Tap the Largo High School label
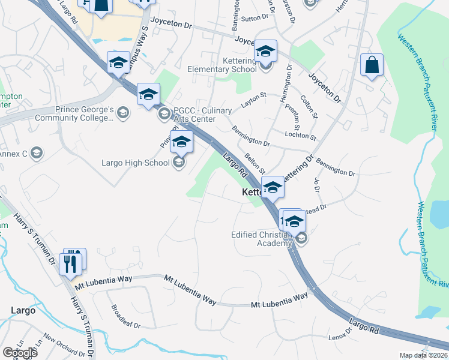pos(136,163)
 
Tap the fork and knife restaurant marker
pos(71,263)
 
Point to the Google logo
pos(19,353)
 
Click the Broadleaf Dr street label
pos(125,316)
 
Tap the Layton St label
pos(253,100)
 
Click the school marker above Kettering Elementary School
pos(265,52)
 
